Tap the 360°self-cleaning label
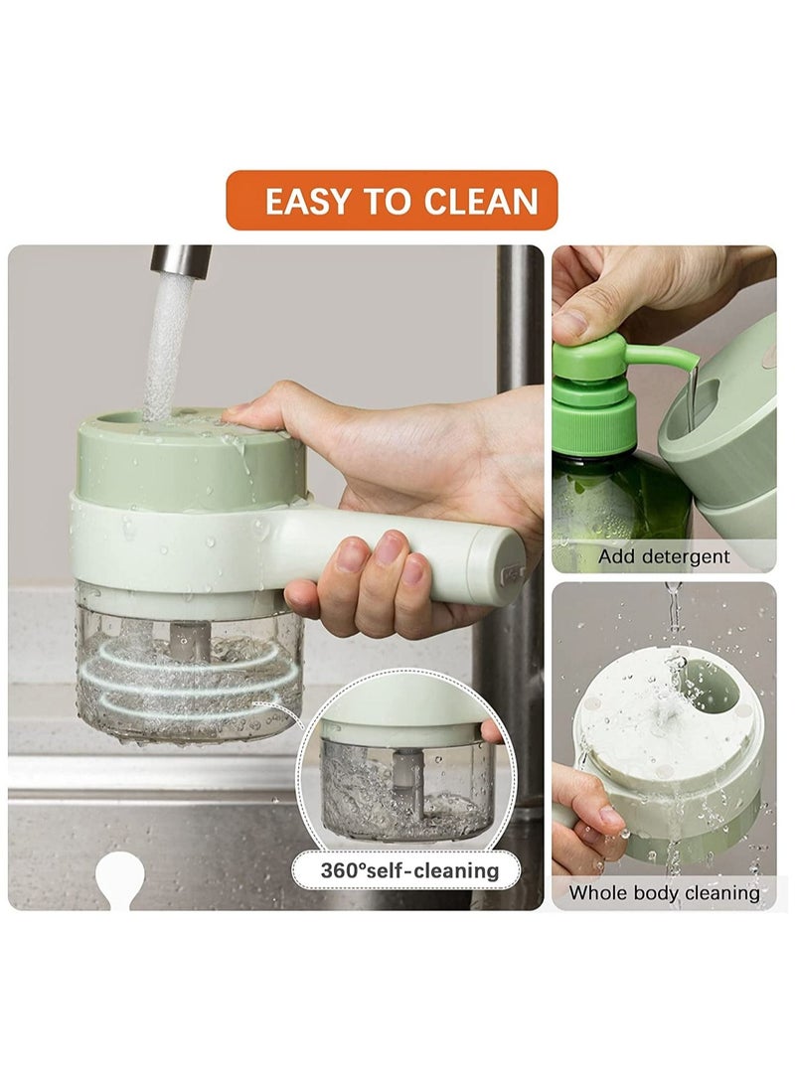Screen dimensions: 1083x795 pyautogui.click(x=408, y=870)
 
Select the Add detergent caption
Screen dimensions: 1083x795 pyautogui.click(x=664, y=556)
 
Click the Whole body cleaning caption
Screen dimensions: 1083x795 pyautogui.click(x=664, y=892)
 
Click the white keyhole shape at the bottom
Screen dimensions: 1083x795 pyautogui.click(x=119, y=879)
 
